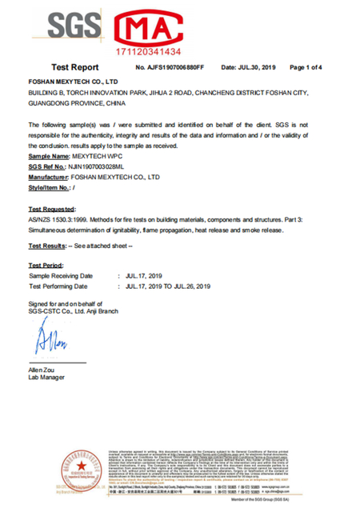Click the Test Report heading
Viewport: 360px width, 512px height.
click(74, 68)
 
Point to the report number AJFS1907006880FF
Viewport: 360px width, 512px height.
click(176, 68)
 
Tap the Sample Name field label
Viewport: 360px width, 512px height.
click(49, 158)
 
